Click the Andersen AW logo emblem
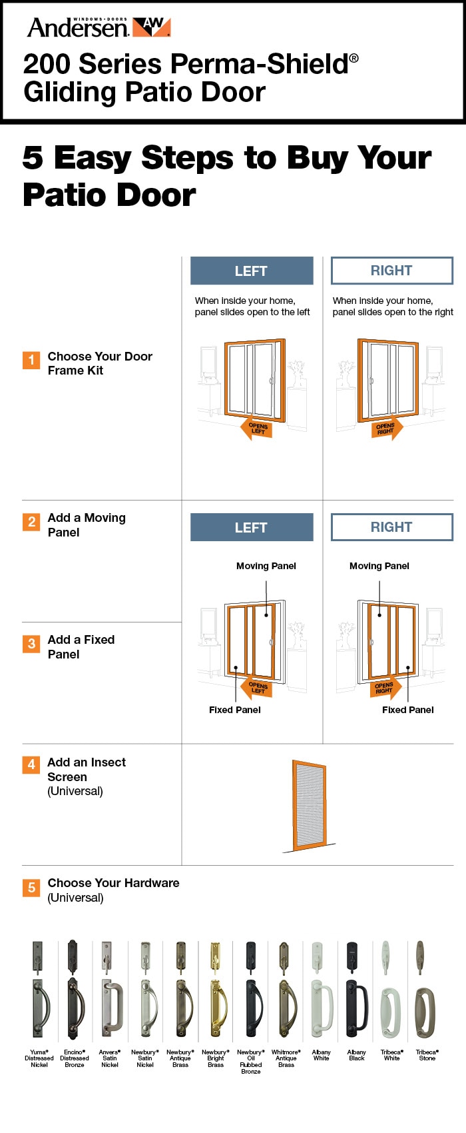point(152,27)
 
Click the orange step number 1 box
point(31,360)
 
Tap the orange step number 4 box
point(31,764)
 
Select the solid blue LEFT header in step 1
point(252,271)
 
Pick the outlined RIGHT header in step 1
point(392,271)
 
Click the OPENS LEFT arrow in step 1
point(257,429)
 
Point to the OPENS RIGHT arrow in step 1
point(386,429)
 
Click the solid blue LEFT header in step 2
point(252,527)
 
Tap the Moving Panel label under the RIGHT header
point(379,566)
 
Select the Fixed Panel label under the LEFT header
point(235,710)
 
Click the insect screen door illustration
point(309,805)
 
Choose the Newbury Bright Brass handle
point(216,990)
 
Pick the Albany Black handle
point(356,990)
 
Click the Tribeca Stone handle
point(426,990)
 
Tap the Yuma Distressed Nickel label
point(39,1058)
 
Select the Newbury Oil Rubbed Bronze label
point(251,1062)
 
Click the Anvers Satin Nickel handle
point(110,990)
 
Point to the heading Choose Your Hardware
point(113,883)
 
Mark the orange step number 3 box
point(31,644)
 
